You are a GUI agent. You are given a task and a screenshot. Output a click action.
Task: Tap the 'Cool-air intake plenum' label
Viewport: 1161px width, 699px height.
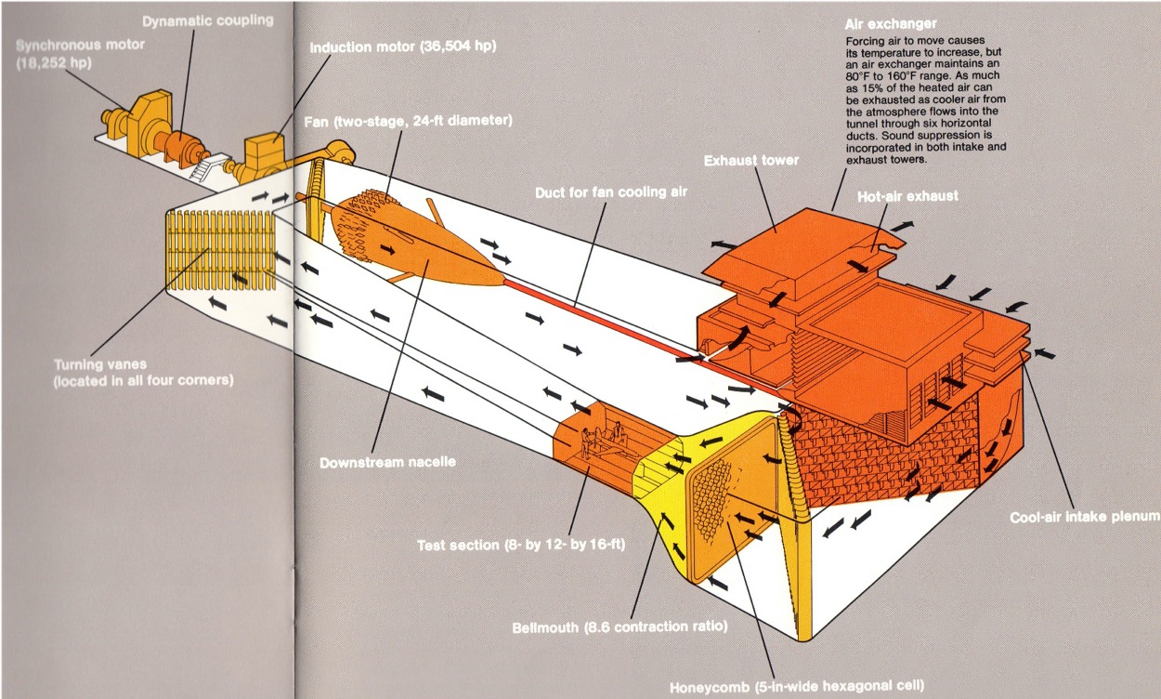point(1085,517)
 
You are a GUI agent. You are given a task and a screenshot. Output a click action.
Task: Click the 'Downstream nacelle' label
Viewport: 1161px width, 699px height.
point(386,462)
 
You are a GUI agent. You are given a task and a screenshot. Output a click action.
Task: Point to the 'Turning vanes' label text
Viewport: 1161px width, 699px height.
point(92,365)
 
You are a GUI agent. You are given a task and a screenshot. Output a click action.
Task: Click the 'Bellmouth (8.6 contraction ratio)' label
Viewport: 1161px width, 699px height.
point(620,626)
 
